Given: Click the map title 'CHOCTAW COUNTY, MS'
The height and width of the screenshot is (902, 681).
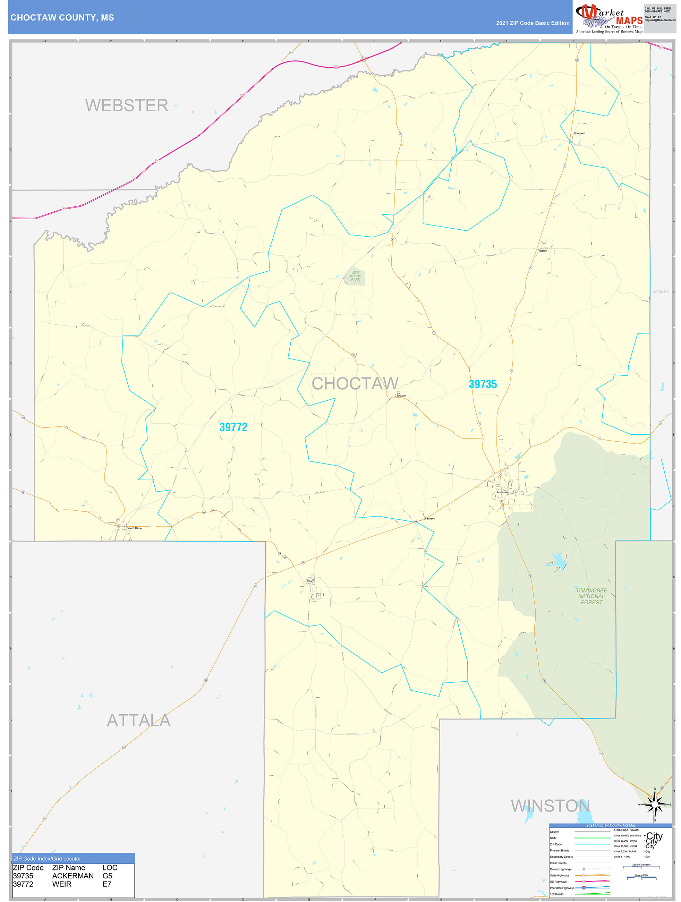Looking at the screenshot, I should click(x=62, y=18).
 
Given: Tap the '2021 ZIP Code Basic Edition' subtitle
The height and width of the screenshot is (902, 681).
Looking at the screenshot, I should click(x=532, y=23).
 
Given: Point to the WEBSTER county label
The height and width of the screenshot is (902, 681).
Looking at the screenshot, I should click(x=126, y=105).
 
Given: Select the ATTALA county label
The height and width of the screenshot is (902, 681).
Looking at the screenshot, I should click(x=139, y=720).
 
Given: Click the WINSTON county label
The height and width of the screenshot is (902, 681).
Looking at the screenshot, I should click(x=550, y=806).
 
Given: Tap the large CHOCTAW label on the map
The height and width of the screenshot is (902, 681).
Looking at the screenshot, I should click(x=355, y=383).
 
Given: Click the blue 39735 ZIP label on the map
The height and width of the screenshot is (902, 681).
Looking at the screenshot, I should click(x=483, y=384).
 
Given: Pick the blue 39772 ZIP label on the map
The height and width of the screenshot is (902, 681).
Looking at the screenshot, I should click(x=233, y=427).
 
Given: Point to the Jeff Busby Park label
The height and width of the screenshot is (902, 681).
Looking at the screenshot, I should click(x=355, y=276).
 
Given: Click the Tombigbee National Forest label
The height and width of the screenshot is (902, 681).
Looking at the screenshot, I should click(x=591, y=596).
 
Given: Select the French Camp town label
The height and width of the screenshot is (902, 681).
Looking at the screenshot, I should click(x=134, y=528).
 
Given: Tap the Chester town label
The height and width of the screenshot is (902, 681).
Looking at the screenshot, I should click(x=401, y=395).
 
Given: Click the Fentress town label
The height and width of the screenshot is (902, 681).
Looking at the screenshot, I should click(x=430, y=519).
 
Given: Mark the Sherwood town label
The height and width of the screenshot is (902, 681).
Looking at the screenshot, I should click(x=579, y=133).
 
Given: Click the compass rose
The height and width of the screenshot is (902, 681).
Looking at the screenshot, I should click(x=655, y=805).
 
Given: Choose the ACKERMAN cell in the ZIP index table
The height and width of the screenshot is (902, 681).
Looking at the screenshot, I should click(x=73, y=876).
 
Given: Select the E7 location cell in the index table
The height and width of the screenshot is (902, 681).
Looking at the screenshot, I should click(x=107, y=884).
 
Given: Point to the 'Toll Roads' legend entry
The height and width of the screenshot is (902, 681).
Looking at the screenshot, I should click(x=556, y=894).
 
